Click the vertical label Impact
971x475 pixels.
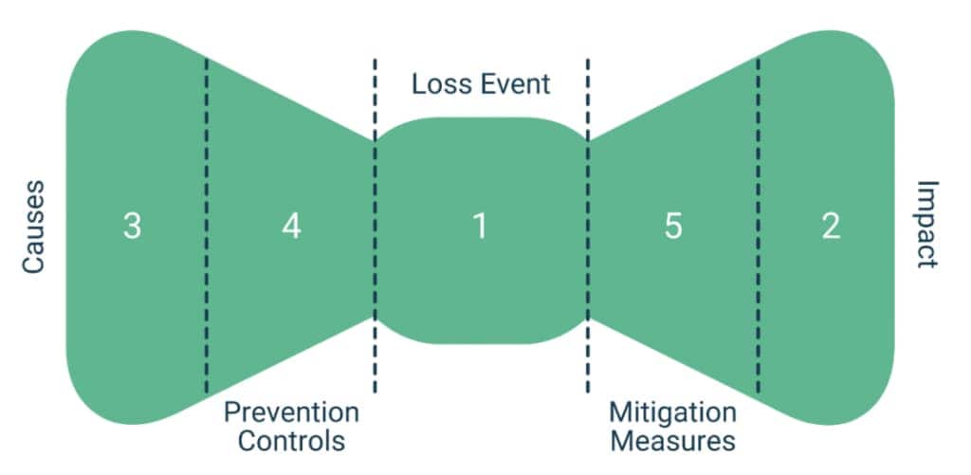[925, 225]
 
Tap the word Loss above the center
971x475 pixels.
[438, 83]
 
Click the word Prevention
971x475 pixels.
[291, 413]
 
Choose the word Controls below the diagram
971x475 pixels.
[291, 441]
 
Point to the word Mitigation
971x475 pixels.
[672, 413]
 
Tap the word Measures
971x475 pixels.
[672, 441]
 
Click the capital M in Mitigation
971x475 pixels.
[619, 413]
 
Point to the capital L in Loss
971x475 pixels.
[417, 83]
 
